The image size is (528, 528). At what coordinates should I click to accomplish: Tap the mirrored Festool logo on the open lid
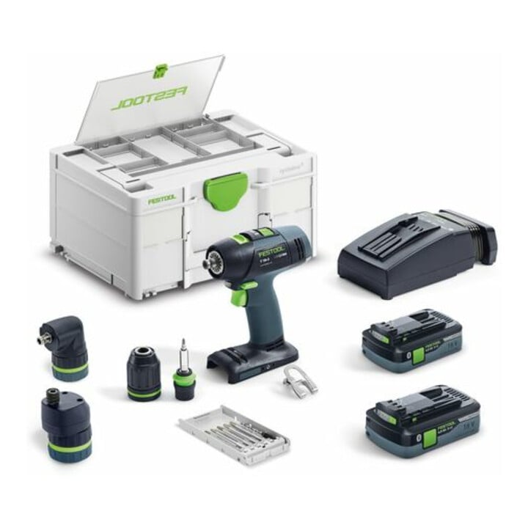tap(149, 98)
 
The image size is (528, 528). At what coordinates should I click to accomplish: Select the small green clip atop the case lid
tap(161, 70)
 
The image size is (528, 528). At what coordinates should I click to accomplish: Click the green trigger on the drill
tap(238, 297)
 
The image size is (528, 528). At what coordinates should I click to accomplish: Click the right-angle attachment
tap(66, 346)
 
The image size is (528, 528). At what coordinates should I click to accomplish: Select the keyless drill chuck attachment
tap(144, 373)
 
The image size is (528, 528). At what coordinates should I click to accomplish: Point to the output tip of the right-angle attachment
tap(42, 340)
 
